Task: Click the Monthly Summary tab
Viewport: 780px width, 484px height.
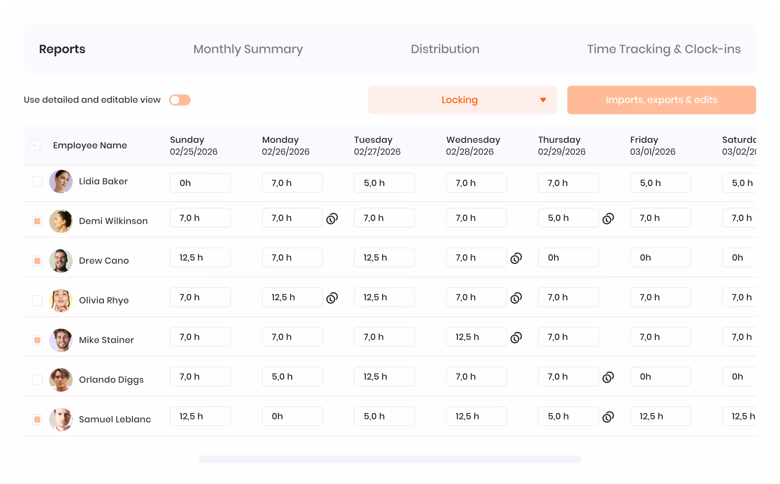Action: click(248, 49)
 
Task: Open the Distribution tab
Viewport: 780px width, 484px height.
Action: click(445, 49)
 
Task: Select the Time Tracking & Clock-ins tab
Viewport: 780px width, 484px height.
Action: click(664, 49)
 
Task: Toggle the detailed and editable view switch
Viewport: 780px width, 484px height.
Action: click(180, 100)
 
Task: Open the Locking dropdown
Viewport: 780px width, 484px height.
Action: click(463, 100)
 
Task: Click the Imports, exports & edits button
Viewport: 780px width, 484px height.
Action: click(662, 100)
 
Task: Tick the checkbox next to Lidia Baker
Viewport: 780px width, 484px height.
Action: click(37, 182)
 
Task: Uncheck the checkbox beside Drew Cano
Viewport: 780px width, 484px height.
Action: click(37, 261)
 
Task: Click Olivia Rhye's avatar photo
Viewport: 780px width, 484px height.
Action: click(61, 300)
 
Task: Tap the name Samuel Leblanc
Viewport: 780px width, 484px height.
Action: click(115, 419)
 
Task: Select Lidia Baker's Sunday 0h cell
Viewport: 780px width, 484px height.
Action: click(200, 183)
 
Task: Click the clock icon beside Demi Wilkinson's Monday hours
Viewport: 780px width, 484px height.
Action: click(332, 218)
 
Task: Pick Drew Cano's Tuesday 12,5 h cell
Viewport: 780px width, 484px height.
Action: click(384, 257)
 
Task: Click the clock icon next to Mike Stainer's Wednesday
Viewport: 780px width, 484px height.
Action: click(516, 337)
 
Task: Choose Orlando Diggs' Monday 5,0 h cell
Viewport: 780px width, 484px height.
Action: click(292, 376)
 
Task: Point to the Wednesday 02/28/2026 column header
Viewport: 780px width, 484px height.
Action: click(473, 146)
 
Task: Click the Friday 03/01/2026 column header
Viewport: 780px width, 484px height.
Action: click(653, 146)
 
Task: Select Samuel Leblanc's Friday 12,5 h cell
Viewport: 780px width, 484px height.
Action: click(661, 416)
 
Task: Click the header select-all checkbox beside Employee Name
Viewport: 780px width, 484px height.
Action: click(35, 146)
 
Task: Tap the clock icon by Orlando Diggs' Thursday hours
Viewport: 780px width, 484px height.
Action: click(608, 377)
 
